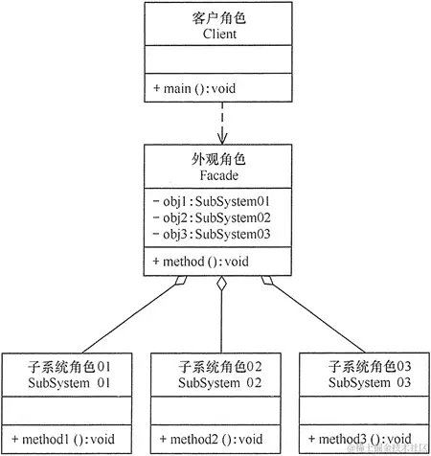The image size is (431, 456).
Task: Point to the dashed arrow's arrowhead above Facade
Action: (220, 140)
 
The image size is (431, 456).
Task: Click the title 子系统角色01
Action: (70, 366)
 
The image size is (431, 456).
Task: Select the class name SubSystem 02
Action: (219, 382)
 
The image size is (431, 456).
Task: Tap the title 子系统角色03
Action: (368, 366)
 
